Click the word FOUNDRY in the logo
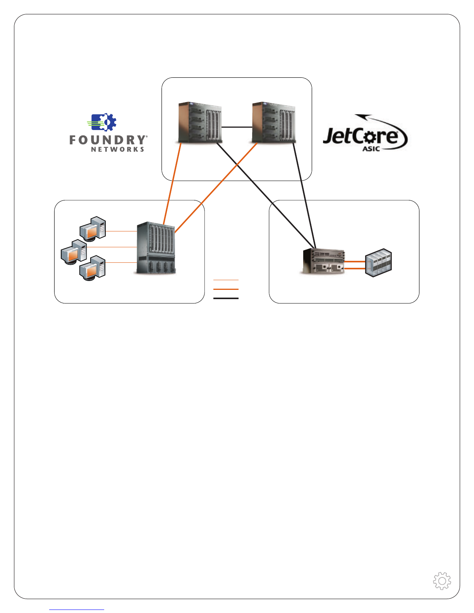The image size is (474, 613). tap(108, 140)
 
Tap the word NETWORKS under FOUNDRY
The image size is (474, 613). tap(118, 149)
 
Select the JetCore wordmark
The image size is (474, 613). tap(360, 136)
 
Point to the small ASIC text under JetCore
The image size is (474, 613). tap(371, 149)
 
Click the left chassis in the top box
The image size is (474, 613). tap(200, 123)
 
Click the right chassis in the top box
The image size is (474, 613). tap(273, 123)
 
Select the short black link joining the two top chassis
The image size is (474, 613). tap(237, 127)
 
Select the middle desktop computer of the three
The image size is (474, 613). tap(74, 252)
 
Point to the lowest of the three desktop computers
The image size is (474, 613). tap(93, 268)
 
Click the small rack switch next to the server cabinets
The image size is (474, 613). tap(324, 261)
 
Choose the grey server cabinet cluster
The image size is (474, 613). tap(379, 263)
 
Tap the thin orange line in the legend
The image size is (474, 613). tap(226, 279)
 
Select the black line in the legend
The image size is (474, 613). tap(226, 298)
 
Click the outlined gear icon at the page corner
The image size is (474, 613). tap(442, 580)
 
